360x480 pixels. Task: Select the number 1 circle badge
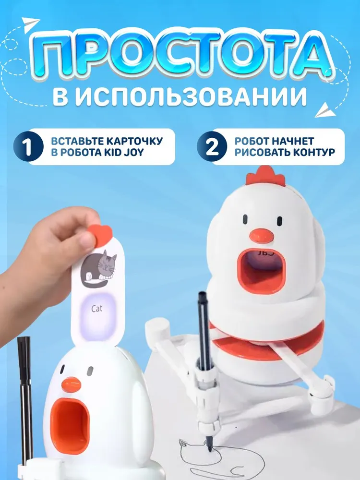click(x=27, y=147)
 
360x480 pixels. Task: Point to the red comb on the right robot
click(x=265, y=176)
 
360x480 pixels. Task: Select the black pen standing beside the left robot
click(x=24, y=394)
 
